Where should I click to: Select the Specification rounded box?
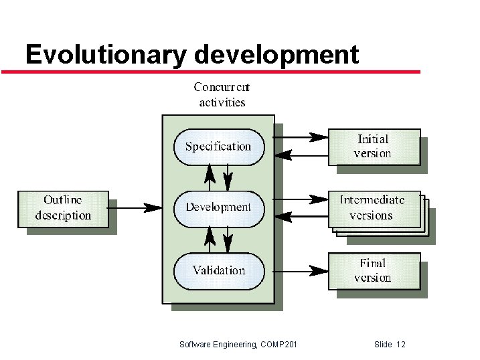218,147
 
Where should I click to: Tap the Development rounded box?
218,207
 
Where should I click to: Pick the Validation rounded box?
218,270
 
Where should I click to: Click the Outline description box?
63,208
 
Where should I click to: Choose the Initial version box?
374,147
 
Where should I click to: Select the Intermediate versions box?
374,208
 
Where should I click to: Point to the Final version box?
374,270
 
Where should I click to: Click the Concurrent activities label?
222,94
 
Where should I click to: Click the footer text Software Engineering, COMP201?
239,345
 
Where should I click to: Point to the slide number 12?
401,345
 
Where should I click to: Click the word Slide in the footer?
384,345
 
